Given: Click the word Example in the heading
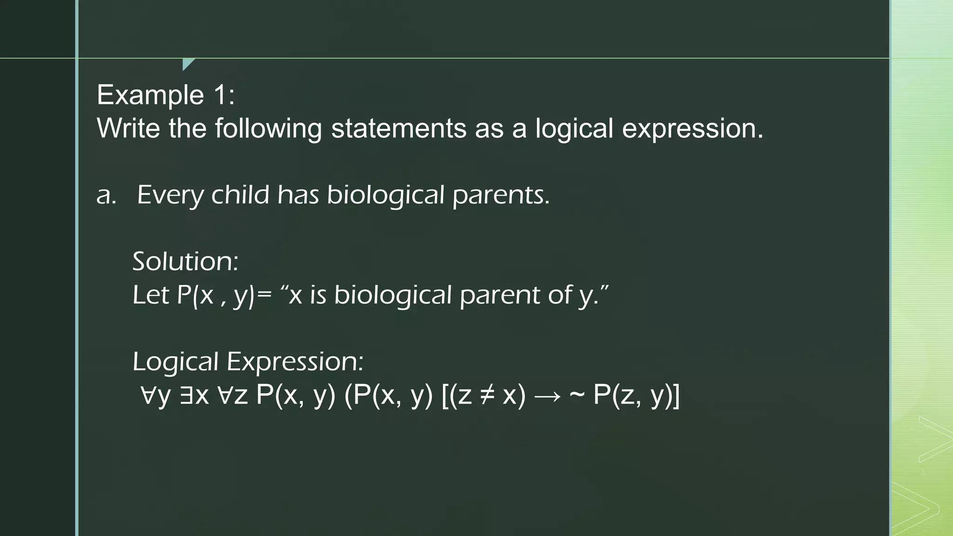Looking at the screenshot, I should tap(150, 95).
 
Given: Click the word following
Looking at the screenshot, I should tap(268, 129).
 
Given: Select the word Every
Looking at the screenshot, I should tap(170, 195).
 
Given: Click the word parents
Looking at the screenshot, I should tap(501, 195).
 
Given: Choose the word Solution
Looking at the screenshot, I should tap(185, 261).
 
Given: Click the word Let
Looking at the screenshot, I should tap(150, 295).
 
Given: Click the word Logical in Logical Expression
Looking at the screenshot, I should tap(175, 362).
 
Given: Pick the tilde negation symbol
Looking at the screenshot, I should tap(577, 396).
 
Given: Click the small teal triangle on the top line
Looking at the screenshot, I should tap(188, 64).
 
